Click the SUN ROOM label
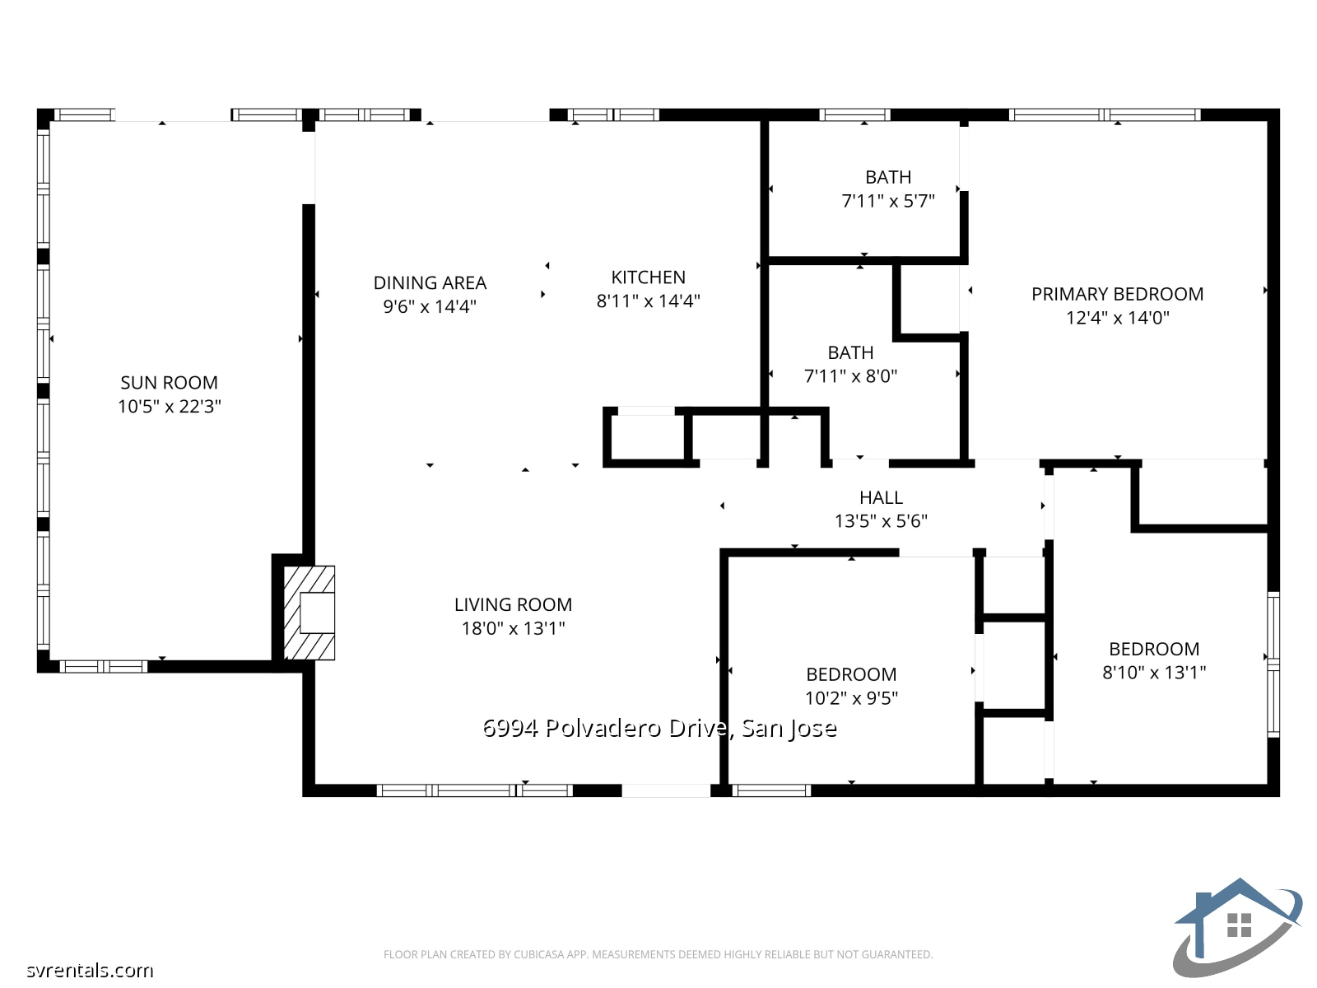coord(169,383)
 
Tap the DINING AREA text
coord(430,283)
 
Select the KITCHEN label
coord(648,277)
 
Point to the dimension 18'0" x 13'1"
coord(513,628)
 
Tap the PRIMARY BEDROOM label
coord(1117,294)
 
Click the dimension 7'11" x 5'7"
coord(887,201)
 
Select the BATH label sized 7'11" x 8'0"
coord(850,353)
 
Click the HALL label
coord(881,497)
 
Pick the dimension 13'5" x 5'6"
coord(881,521)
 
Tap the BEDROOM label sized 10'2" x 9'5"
coord(851,674)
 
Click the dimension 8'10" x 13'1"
coord(1154,673)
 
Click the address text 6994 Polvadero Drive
coord(658,728)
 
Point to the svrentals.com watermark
coord(89,970)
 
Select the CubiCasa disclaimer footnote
coord(658,954)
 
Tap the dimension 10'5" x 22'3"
coord(169,406)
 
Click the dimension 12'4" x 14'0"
coord(1117,318)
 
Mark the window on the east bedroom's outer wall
coord(1273,663)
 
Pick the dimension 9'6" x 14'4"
coord(430,307)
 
